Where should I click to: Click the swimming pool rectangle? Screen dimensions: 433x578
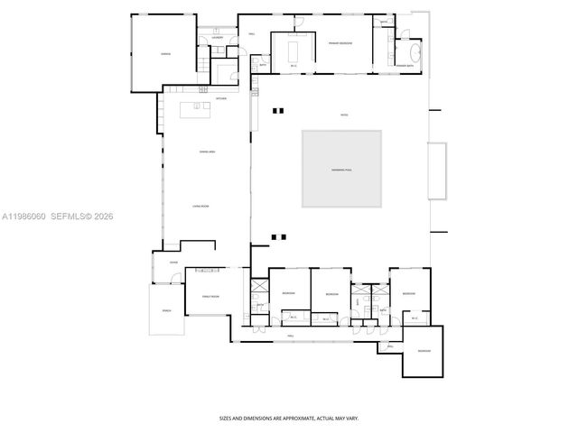click(x=341, y=169)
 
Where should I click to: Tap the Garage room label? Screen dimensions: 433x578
click(x=165, y=54)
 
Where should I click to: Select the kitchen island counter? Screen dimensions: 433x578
click(x=197, y=109)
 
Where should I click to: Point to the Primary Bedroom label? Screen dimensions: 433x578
click(x=340, y=42)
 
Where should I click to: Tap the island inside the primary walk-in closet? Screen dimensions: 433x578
click(x=294, y=52)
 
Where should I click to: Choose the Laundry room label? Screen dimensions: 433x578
click(x=218, y=39)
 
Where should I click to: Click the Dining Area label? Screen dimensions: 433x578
click(x=207, y=152)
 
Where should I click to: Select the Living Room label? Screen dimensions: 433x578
click(x=201, y=207)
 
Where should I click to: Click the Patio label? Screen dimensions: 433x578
click(x=344, y=115)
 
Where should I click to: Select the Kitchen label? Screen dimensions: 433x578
click(x=220, y=98)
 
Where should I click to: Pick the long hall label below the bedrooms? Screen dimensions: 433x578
click(x=291, y=335)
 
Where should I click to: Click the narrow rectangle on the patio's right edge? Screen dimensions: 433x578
click(x=438, y=170)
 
